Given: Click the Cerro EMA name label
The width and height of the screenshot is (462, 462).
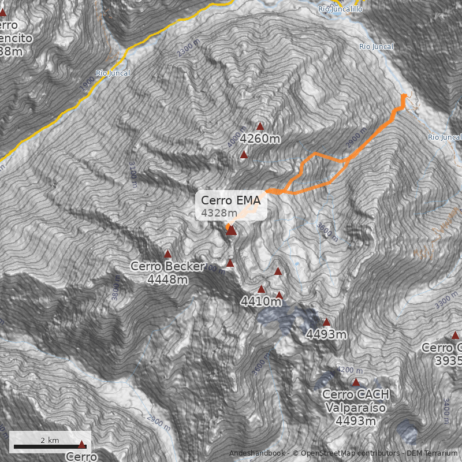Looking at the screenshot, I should (x=231, y=201).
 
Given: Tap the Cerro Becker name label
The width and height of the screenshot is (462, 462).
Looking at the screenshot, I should (x=167, y=266).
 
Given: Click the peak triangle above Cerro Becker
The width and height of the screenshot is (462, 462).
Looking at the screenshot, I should (x=168, y=254).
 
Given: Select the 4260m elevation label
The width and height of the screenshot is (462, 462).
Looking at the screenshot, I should (x=260, y=139).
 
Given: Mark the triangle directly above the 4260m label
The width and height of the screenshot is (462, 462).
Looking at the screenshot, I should (x=260, y=126).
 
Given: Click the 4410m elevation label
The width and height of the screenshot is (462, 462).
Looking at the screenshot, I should (x=260, y=301).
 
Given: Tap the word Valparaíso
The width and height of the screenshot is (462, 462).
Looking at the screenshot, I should (x=356, y=408).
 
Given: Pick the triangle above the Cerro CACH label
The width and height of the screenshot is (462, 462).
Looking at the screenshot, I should (x=356, y=382).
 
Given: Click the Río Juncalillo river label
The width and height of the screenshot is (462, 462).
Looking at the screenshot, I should (x=340, y=9).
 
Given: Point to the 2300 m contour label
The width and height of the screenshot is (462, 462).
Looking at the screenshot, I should (x=188, y=49).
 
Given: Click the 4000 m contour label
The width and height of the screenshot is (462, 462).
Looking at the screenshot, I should (x=234, y=142).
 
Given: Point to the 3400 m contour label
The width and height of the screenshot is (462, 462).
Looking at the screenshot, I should (x=446, y=407).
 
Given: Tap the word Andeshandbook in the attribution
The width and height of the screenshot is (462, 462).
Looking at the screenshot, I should (x=258, y=453).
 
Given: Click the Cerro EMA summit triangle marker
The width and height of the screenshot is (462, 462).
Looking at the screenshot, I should (x=231, y=230).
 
